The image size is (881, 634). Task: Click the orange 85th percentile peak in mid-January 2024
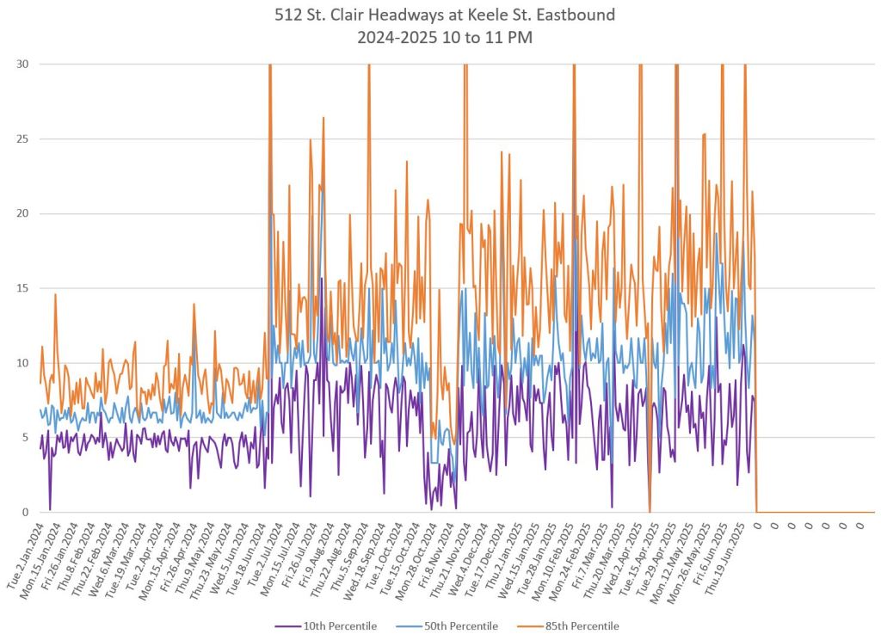point(56,295)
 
